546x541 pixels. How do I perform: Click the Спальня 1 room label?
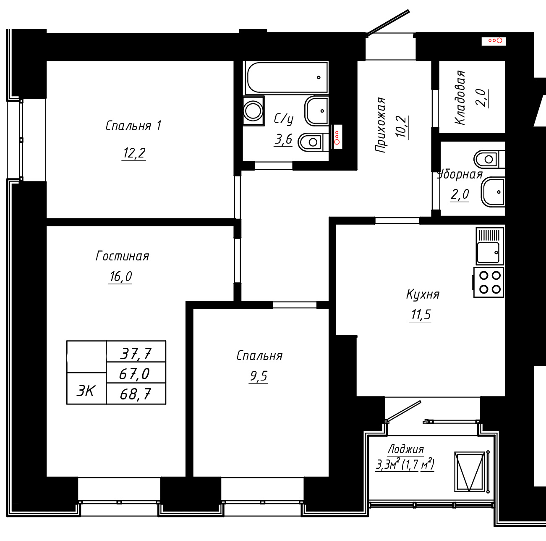(x=133, y=126)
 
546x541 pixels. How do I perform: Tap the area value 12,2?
(x=134, y=153)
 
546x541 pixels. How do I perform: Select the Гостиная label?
(x=122, y=256)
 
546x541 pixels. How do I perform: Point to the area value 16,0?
(x=120, y=276)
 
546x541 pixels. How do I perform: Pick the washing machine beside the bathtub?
(x=253, y=110)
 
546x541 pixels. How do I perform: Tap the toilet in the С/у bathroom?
(x=313, y=142)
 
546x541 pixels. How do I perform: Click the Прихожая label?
(x=380, y=125)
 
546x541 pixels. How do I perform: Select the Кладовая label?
(x=460, y=97)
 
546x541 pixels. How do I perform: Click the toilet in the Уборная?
(x=489, y=159)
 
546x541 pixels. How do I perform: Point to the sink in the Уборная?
(x=493, y=192)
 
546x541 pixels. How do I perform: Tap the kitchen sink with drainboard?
(x=490, y=246)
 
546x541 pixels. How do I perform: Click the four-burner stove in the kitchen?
(x=489, y=282)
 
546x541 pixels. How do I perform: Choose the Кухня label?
(x=423, y=294)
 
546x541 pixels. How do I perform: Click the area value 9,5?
(x=259, y=376)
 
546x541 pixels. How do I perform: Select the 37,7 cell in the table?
(x=136, y=351)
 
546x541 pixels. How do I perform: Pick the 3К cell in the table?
(x=86, y=388)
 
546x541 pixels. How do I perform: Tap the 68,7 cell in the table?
(x=136, y=394)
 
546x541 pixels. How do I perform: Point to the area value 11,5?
(x=421, y=315)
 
